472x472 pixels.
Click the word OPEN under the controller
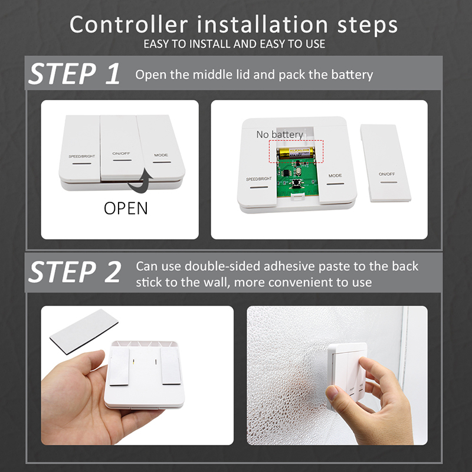click(x=126, y=208)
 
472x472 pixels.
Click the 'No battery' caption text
click(x=280, y=135)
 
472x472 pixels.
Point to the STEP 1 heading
click(x=74, y=73)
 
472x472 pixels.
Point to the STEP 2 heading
click(x=75, y=272)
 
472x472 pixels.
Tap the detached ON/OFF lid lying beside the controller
click(x=385, y=163)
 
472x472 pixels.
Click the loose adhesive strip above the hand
click(x=84, y=331)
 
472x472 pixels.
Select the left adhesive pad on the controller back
click(x=120, y=366)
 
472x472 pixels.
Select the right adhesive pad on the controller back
click(x=171, y=366)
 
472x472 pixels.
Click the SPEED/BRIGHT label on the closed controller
click(x=81, y=156)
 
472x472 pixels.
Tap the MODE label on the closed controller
click(x=161, y=155)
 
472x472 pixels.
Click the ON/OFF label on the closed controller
click(x=121, y=153)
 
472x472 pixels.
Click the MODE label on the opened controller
click(x=335, y=175)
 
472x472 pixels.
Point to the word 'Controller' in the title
click(x=129, y=25)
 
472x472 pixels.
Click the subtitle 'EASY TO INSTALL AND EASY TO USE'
click(x=234, y=44)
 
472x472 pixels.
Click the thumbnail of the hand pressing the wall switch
click(x=337, y=375)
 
